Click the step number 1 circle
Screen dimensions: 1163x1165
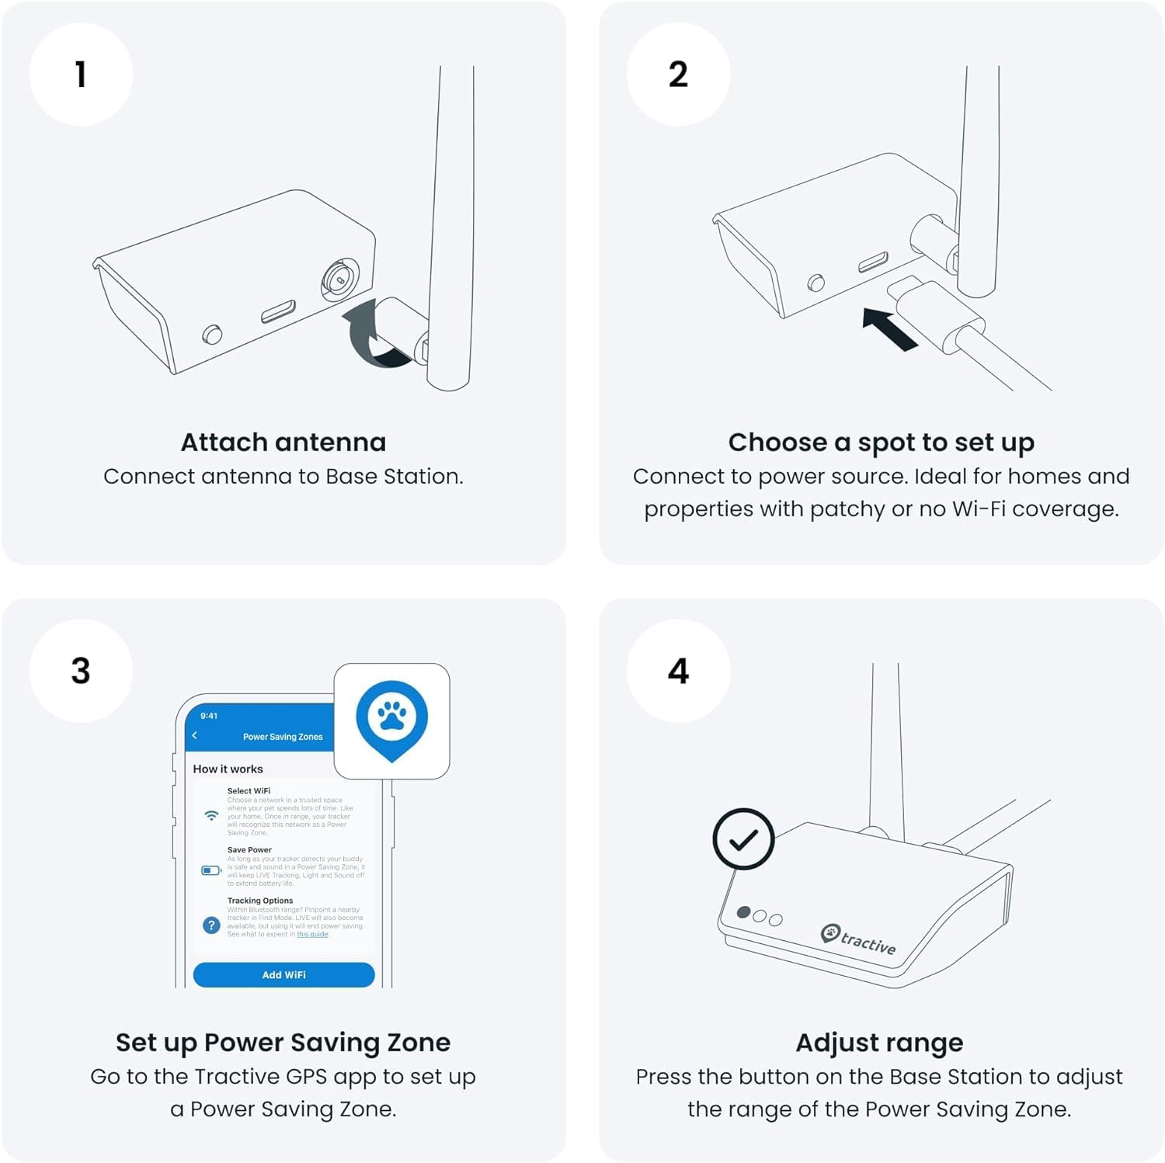(81, 75)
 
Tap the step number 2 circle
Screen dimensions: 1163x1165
(678, 75)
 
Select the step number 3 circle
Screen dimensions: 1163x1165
(81, 671)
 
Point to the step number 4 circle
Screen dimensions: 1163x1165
(678, 671)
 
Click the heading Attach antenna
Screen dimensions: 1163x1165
(283, 443)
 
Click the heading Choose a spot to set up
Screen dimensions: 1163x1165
(881, 443)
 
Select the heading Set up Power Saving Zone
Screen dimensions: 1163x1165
(283, 1042)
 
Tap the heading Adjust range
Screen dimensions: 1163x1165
(879, 1042)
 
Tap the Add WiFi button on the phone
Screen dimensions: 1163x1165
(283, 974)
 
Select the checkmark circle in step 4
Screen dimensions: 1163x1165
(743, 839)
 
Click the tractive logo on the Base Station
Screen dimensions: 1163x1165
(859, 939)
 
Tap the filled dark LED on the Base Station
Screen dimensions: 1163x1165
(743, 912)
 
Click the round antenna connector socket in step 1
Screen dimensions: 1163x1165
(340, 278)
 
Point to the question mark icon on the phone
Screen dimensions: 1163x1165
(210, 925)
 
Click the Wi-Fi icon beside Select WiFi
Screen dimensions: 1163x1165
(210, 815)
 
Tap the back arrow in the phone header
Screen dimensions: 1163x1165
(195, 735)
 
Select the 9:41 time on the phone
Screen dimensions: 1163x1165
(209, 716)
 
